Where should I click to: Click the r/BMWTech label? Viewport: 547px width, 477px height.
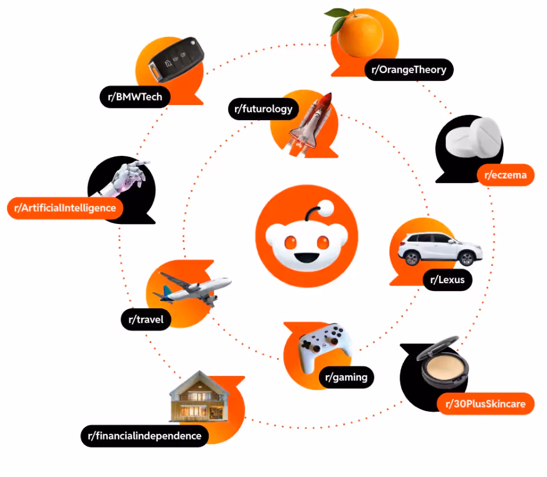point(135,97)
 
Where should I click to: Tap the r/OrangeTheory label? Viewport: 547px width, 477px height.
point(409,70)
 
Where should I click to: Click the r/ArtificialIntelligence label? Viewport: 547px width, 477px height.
point(65,208)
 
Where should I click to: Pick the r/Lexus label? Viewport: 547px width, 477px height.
point(448,279)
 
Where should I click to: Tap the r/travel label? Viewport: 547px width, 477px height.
point(146,320)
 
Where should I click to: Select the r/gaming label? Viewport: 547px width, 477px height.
point(346,378)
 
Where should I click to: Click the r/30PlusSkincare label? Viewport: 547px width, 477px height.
point(486,404)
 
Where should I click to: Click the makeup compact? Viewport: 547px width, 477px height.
point(443,368)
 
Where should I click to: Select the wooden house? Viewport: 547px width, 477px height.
point(198,398)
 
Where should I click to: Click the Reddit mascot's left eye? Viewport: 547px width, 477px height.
point(291,242)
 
